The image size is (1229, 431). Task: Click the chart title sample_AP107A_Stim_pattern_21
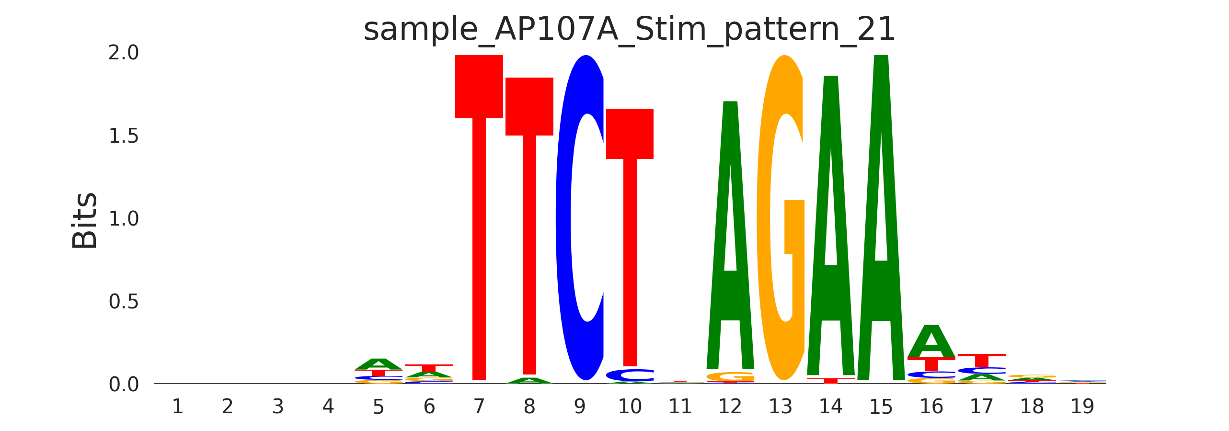coord(629,30)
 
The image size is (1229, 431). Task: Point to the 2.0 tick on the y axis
coord(124,53)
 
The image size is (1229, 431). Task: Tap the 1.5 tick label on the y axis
coord(124,136)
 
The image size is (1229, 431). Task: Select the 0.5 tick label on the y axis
coord(124,302)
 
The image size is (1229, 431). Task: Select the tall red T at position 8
coord(529,225)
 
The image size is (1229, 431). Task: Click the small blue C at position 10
coord(630,375)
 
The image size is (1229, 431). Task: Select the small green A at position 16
coord(931,341)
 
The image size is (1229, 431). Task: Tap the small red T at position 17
coord(981,360)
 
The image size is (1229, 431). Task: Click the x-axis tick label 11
coord(680,407)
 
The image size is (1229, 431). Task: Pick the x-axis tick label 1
coord(178,407)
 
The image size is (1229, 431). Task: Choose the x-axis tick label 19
coord(1082,407)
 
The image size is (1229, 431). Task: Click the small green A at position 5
coord(379,364)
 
